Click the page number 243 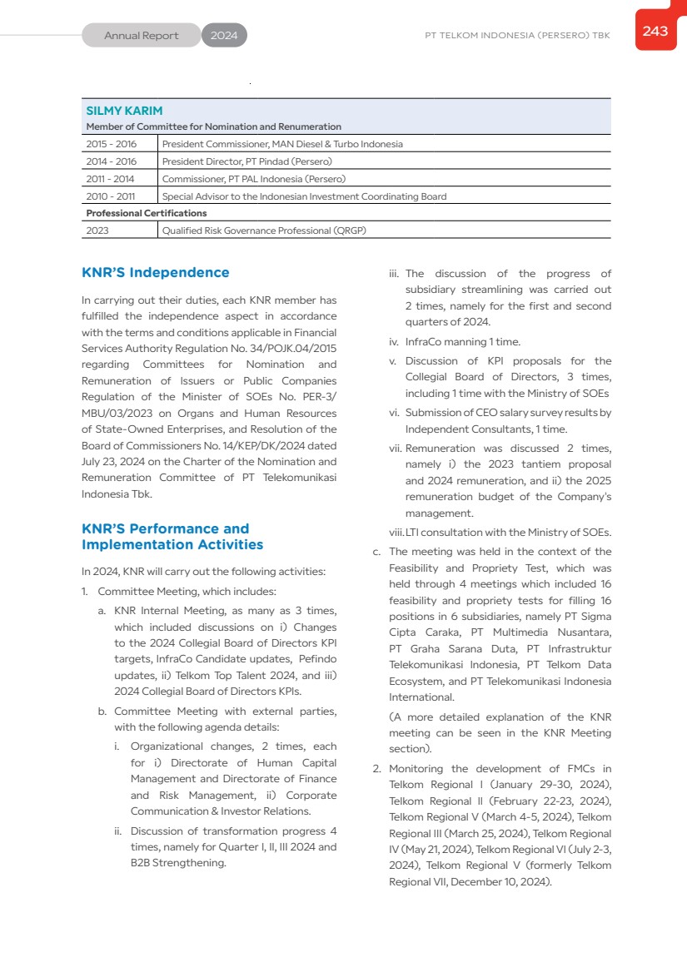655,31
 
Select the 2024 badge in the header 224,36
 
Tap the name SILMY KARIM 125,111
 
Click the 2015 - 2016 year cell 112,144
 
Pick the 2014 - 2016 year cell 112,161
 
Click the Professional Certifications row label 147,213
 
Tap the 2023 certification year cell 97,231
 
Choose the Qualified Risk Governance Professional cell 264,231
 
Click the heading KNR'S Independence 156,273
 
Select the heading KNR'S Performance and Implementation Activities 172,537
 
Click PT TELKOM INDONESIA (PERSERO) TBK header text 517,36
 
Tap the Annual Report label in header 142,36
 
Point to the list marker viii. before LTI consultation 396,533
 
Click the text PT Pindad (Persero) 289,161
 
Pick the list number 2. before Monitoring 377,769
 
